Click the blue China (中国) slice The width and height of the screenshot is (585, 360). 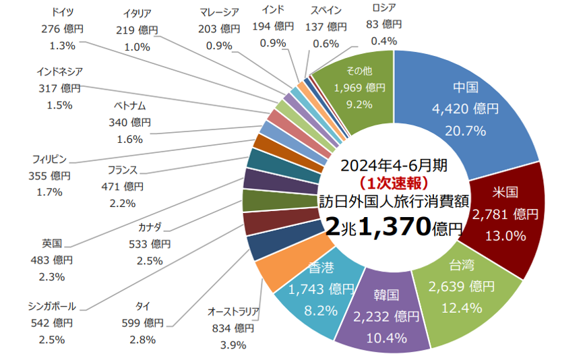click(472, 108)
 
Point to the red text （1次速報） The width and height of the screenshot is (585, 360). click(392, 182)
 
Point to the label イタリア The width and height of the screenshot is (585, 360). click(137, 13)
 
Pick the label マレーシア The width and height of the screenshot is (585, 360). click(220, 12)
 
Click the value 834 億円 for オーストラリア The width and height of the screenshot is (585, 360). click(233, 328)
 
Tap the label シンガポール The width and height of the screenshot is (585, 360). click(52, 307)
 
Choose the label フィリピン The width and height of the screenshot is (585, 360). click(50, 159)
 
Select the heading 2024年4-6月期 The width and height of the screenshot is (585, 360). click(393, 166)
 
